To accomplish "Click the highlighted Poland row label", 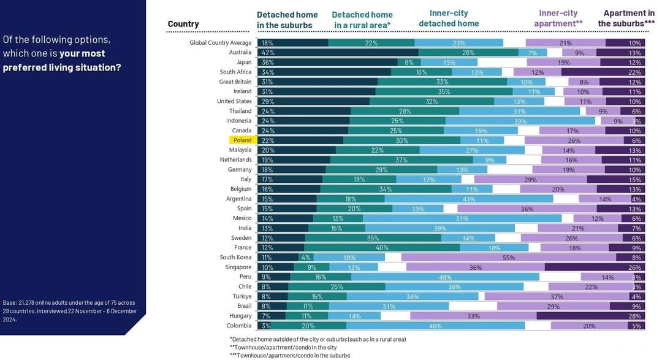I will coord(242,140).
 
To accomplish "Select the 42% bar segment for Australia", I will coord(338,53).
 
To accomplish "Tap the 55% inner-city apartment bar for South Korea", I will coord(508,258).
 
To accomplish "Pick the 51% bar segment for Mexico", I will coord(462,218).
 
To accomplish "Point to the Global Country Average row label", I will coord(221,43).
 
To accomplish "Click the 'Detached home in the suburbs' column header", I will coord(287,20).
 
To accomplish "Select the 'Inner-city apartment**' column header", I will coord(558,18).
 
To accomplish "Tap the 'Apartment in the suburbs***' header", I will coord(626,18).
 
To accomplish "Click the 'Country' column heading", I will coord(183,24).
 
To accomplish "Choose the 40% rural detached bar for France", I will coord(382,248).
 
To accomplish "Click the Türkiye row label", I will coord(240,297).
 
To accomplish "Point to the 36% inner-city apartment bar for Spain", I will coord(527,209).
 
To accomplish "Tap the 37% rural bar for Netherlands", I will coord(401,160).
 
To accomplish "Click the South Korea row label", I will coord(235,258).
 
